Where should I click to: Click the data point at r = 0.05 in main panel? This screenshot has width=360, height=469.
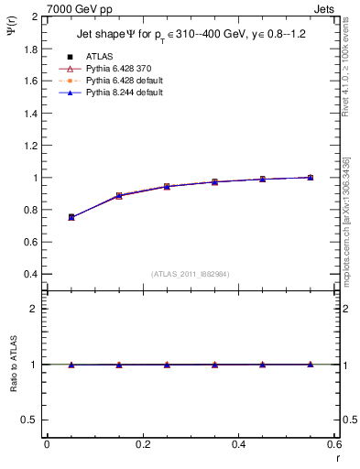pyautogui.click(x=71, y=217)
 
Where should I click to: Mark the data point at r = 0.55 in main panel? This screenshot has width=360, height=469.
pyautogui.click(x=310, y=177)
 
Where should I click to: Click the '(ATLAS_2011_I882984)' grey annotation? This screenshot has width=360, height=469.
pyautogui.click(x=191, y=273)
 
